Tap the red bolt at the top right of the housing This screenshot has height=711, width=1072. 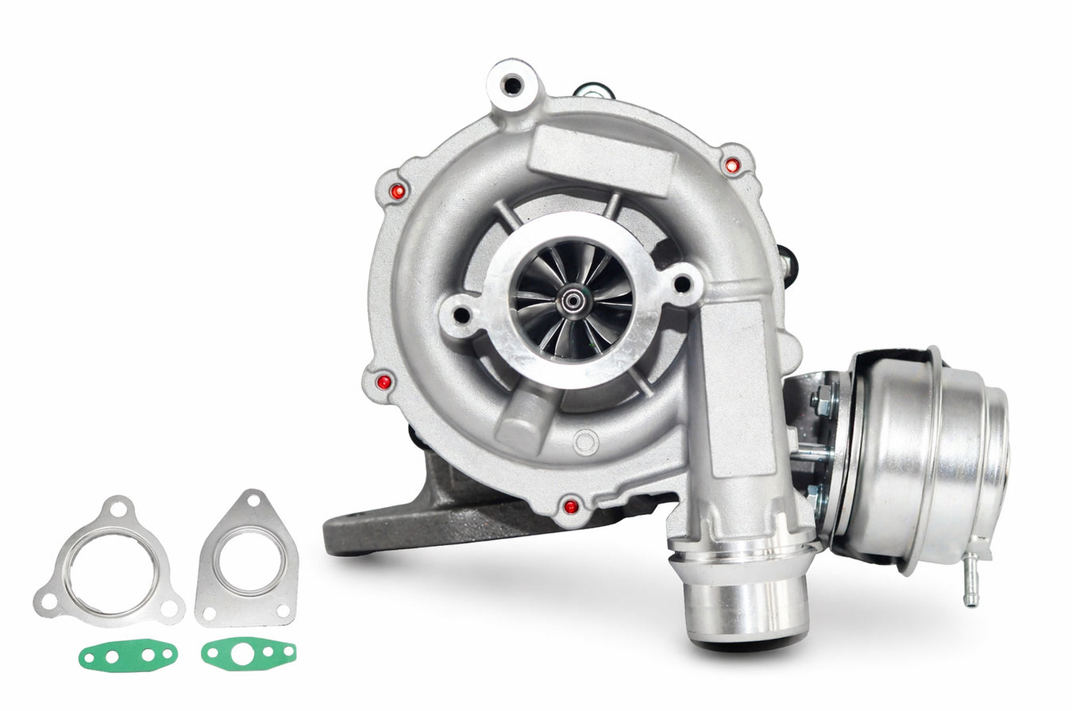point(732,165)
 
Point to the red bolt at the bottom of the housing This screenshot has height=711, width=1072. point(570,505)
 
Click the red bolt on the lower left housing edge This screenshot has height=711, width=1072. point(384,382)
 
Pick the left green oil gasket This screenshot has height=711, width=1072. point(128,655)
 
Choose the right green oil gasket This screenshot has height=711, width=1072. point(249,653)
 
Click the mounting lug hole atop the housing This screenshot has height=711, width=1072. point(512,83)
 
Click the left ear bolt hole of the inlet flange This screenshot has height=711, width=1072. point(461,315)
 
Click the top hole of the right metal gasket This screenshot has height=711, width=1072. point(254,500)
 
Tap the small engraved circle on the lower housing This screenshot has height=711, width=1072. point(586,442)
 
